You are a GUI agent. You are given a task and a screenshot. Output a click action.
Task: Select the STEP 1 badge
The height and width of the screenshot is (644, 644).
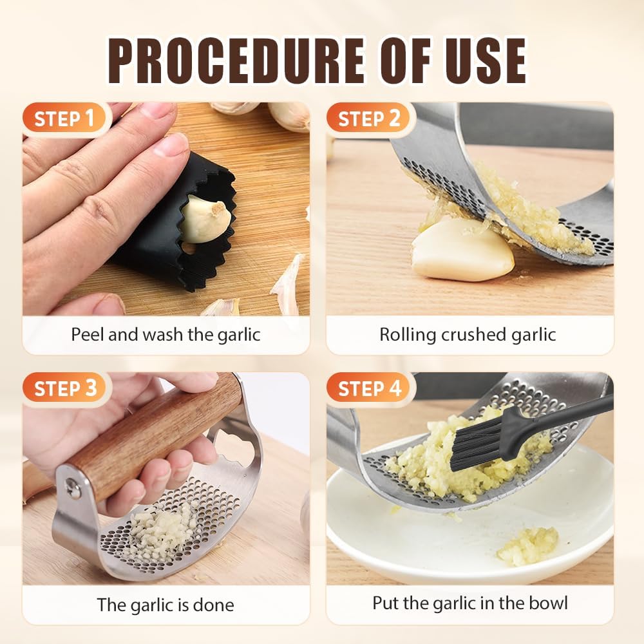64,119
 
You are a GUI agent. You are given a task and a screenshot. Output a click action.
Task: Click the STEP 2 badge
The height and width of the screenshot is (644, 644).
368,119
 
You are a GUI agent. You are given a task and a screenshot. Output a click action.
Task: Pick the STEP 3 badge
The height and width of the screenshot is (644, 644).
64,389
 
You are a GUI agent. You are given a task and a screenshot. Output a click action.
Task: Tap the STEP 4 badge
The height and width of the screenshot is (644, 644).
368,389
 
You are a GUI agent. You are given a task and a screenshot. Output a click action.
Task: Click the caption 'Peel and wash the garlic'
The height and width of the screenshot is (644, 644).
166,335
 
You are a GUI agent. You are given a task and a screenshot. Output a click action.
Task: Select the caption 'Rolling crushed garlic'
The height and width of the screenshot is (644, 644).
467,335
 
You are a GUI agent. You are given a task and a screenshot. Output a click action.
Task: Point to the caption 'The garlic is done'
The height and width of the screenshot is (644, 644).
166,605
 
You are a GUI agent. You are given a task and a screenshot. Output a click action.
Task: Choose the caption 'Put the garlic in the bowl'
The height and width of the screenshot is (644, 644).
469,603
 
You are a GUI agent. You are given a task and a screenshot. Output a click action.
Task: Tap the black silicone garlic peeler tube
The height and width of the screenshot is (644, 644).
167,251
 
